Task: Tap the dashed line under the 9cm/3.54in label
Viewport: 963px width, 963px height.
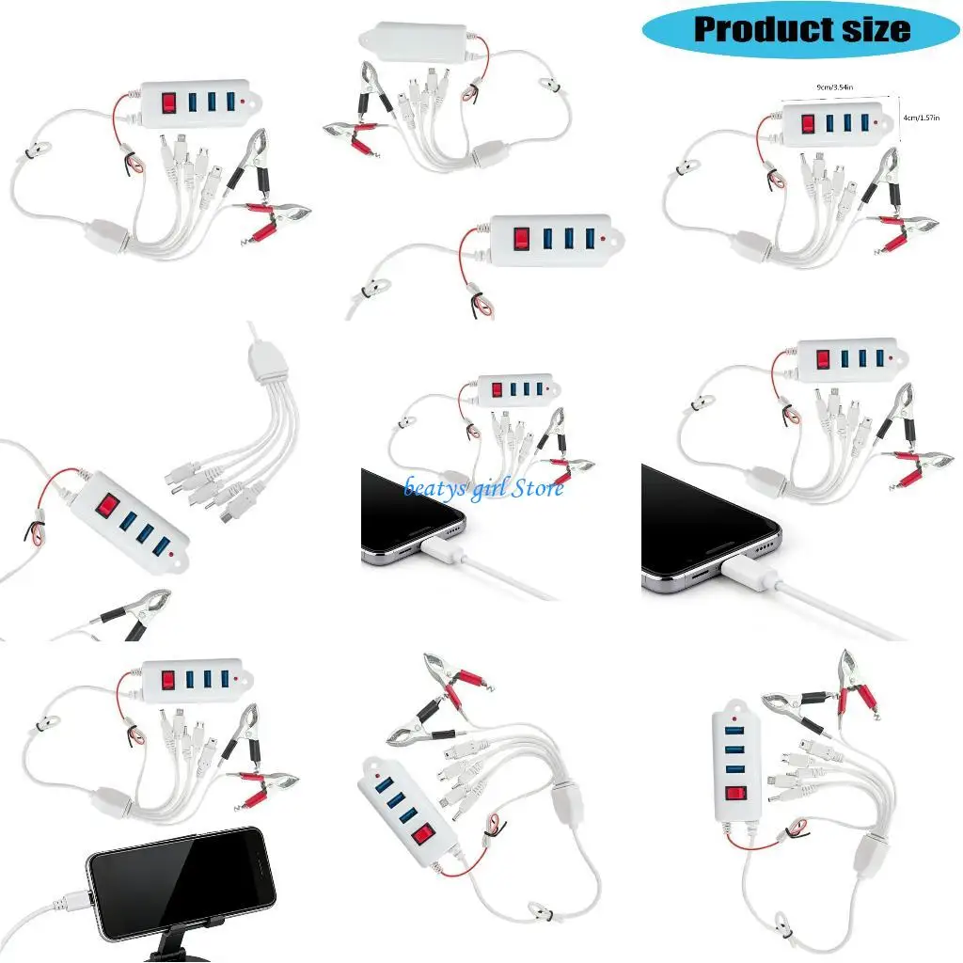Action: pyautogui.click(x=832, y=95)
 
